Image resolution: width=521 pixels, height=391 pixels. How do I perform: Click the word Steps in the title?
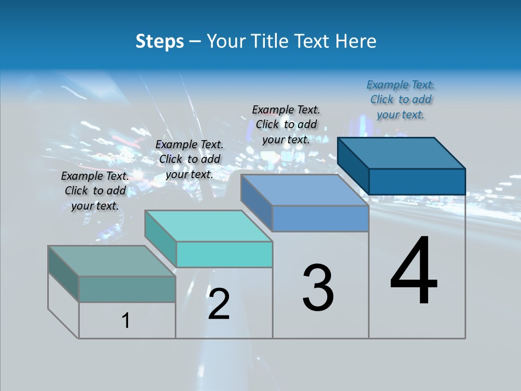pyautogui.click(x=160, y=41)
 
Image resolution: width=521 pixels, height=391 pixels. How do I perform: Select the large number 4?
pyautogui.click(x=414, y=271)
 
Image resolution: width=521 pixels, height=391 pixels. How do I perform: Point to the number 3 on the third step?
pyautogui.click(x=318, y=288)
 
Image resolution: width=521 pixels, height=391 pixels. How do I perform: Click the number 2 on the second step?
pyautogui.click(x=219, y=304)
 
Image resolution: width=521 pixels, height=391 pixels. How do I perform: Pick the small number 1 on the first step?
pyautogui.click(x=126, y=321)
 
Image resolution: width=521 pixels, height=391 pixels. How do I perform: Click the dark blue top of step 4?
pyautogui.click(x=402, y=153)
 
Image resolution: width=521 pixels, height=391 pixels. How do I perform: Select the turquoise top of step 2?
pyautogui.click(x=208, y=225)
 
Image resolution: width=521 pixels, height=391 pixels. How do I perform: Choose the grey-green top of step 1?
pyautogui.click(x=112, y=261)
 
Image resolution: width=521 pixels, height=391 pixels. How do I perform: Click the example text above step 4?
pyautogui.click(x=401, y=100)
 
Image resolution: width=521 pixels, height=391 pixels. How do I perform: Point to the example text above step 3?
pyautogui.click(x=286, y=124)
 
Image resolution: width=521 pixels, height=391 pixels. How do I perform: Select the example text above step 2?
pyautogui.click(x=189, y=159)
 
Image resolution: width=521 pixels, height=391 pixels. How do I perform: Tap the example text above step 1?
pyautogui.click(x=95, y=191)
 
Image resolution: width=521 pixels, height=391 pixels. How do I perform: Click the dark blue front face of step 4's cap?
pyautogui.click(x=417, y=181)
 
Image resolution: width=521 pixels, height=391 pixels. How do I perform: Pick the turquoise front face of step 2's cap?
pyautogui.click(x=224, y=254)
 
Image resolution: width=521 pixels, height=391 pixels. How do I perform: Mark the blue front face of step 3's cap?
pyautogui.click(x=320, y=218)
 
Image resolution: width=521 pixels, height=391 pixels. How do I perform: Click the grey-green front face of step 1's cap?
pyautogui.click(x=127, y=289)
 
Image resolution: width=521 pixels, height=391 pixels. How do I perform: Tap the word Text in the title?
pyautogui.click(x=315, y=41)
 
